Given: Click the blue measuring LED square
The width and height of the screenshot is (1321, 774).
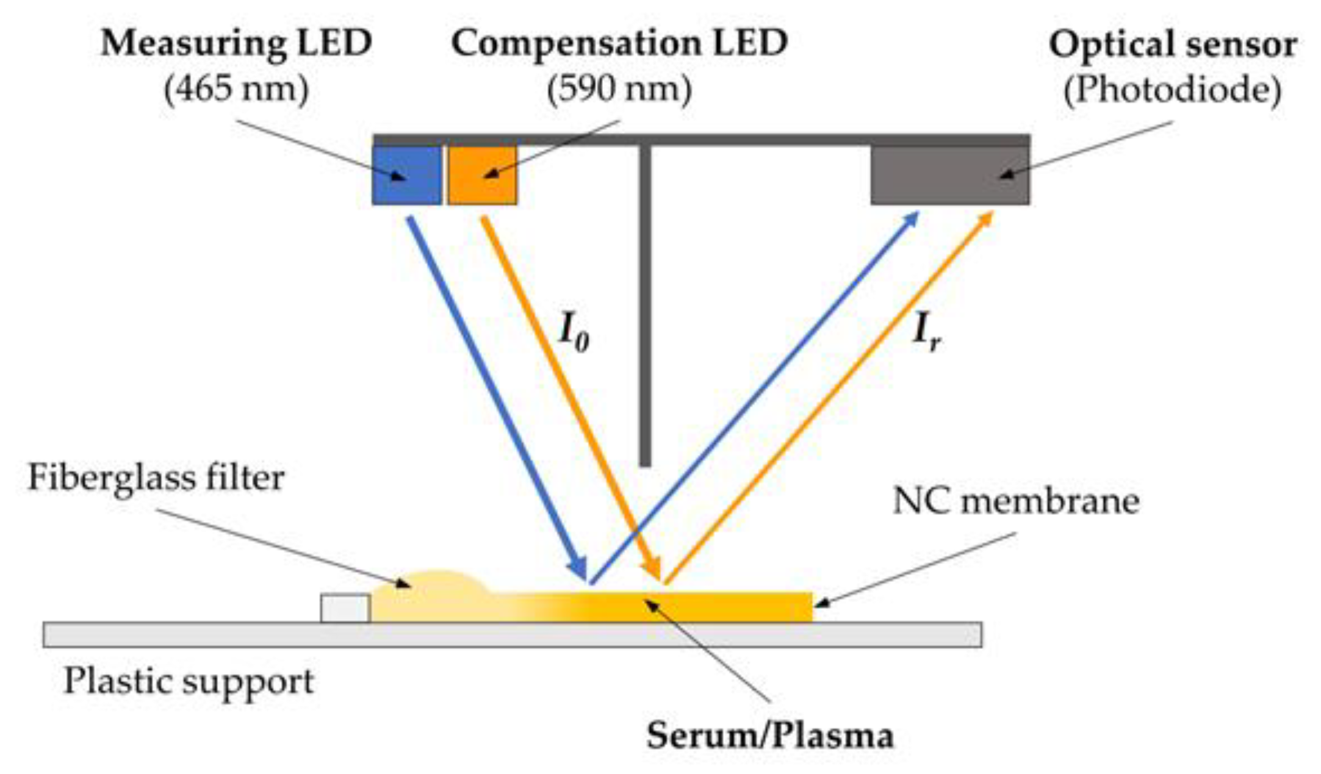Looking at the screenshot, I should coord(406,175).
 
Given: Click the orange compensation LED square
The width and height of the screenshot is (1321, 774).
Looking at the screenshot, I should coord(482,175).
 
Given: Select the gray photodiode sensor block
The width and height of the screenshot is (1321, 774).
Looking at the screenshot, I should coord(949,175).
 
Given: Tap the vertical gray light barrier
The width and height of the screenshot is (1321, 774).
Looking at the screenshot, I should coord(645,305).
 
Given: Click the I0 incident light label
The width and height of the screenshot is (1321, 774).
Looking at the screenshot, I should coord(574,334).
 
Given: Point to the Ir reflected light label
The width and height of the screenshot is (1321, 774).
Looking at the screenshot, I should coord(926,334).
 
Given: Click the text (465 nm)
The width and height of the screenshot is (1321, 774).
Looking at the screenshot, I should coord(236,89).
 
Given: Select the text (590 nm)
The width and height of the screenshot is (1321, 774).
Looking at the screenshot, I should coord(619,89).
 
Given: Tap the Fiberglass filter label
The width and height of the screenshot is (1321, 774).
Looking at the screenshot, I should coord(156,478).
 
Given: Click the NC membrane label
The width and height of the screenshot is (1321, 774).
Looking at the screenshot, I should coord(1016,501).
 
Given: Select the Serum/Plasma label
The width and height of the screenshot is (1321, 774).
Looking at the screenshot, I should coord(770,735).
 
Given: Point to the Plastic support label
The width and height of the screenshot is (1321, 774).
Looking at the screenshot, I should coord(189,681).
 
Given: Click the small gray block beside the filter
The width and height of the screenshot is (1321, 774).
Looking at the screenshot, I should coord(345,608).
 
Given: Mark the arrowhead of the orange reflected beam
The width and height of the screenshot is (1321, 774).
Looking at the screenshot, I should coord(986,220).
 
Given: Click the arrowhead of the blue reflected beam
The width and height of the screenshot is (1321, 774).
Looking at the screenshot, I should coord(912,220).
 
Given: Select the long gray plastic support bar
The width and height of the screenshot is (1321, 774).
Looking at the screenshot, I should coord(513,634).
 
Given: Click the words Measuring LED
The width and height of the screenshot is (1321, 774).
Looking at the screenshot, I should coord(236,44).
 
